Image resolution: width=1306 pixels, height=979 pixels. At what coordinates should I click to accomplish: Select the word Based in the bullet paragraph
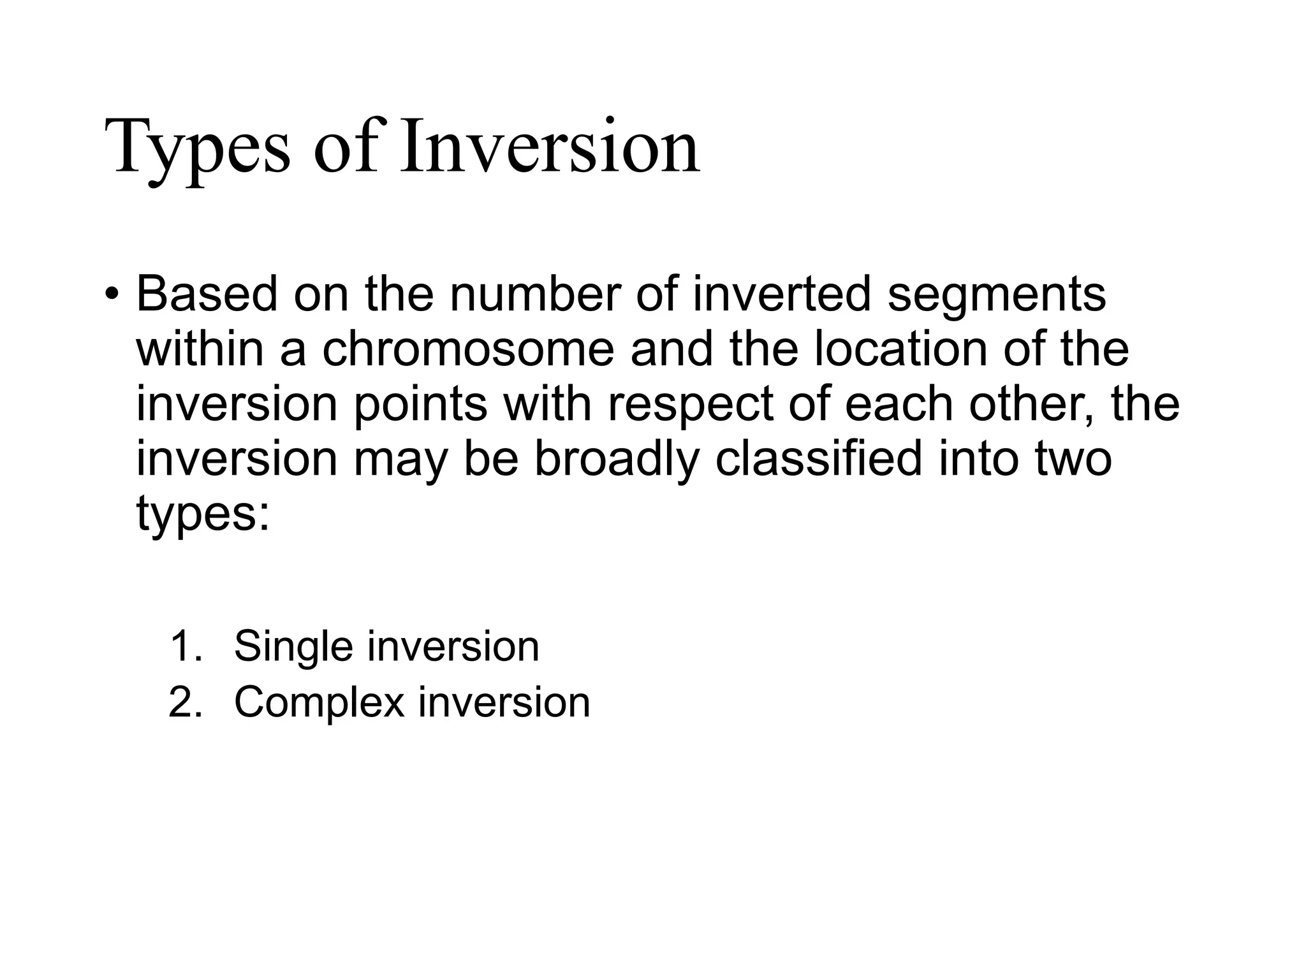click(x=207, y=294)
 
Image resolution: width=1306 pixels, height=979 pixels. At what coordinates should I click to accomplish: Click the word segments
click(x=996, y=294)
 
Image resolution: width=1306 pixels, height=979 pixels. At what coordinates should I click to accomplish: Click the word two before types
click(x=1073, y=460)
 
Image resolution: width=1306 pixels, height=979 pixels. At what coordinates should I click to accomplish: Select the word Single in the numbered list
click(x=293, y=646)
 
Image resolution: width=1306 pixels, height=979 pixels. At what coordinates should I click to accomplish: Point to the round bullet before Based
click(x=112, y=295)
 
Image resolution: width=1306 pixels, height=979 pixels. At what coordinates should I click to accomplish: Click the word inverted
click(x=781, y=294)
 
